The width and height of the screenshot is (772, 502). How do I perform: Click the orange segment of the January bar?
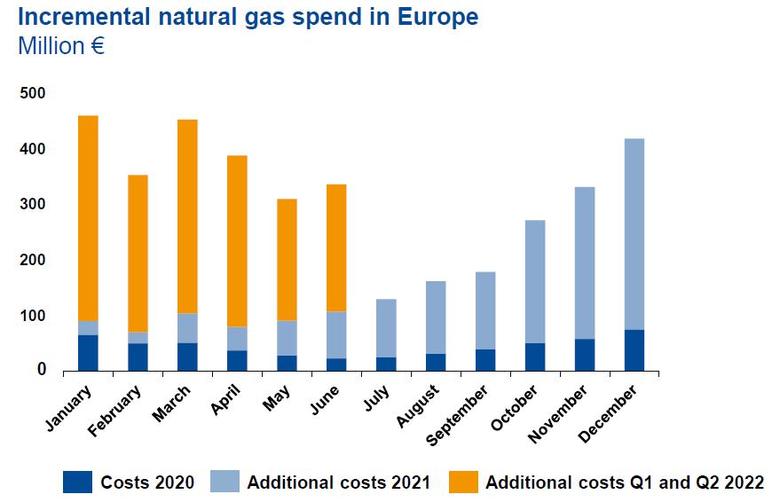(88, 218)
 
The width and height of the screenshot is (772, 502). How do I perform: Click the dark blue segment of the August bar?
(436, 362)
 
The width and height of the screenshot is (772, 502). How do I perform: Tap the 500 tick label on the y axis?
(33, 93)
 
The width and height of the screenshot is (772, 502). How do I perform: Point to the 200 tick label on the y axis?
(33, 260)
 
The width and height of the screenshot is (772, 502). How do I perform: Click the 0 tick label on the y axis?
(41, 371)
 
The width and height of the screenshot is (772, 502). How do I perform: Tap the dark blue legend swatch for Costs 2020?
(77, 482)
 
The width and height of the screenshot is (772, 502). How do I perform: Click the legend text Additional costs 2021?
(338, 483)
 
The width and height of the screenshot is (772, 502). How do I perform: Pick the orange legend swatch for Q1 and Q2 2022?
(463, 482)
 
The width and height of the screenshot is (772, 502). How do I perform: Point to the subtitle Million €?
(61, 46)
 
